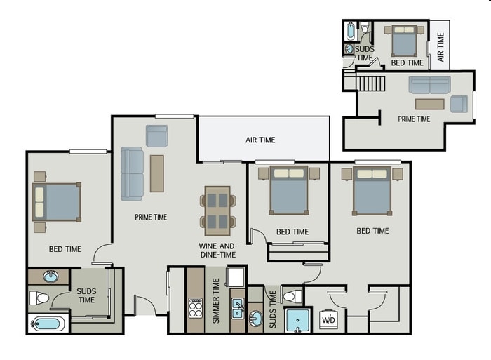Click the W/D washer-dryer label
click(x=328, y=319)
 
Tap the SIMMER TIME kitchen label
click(x=216, y=300)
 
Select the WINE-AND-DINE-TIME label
click(x=217, y=251)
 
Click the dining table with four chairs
click(x=217, y=210)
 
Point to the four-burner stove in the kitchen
click(x=195, y=308)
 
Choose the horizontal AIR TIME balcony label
click(x=260, y=140)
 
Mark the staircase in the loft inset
click(x=371, y=84)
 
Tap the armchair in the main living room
click(x=157, y=135)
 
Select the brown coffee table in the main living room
click(x=157, y=173)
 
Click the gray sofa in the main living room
click(x=132, y=173)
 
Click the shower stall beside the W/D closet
click(x=297, y=320)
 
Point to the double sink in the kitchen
click(x=238, y=308)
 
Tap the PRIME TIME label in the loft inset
click(x=414, y=119)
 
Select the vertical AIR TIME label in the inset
click(x=440, y=47)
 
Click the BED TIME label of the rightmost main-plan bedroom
click(x=372, y=231)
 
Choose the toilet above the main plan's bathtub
click(x=40, y=298)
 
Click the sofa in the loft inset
click(x=430, y=85)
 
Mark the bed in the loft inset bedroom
click(x=404, y=42)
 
